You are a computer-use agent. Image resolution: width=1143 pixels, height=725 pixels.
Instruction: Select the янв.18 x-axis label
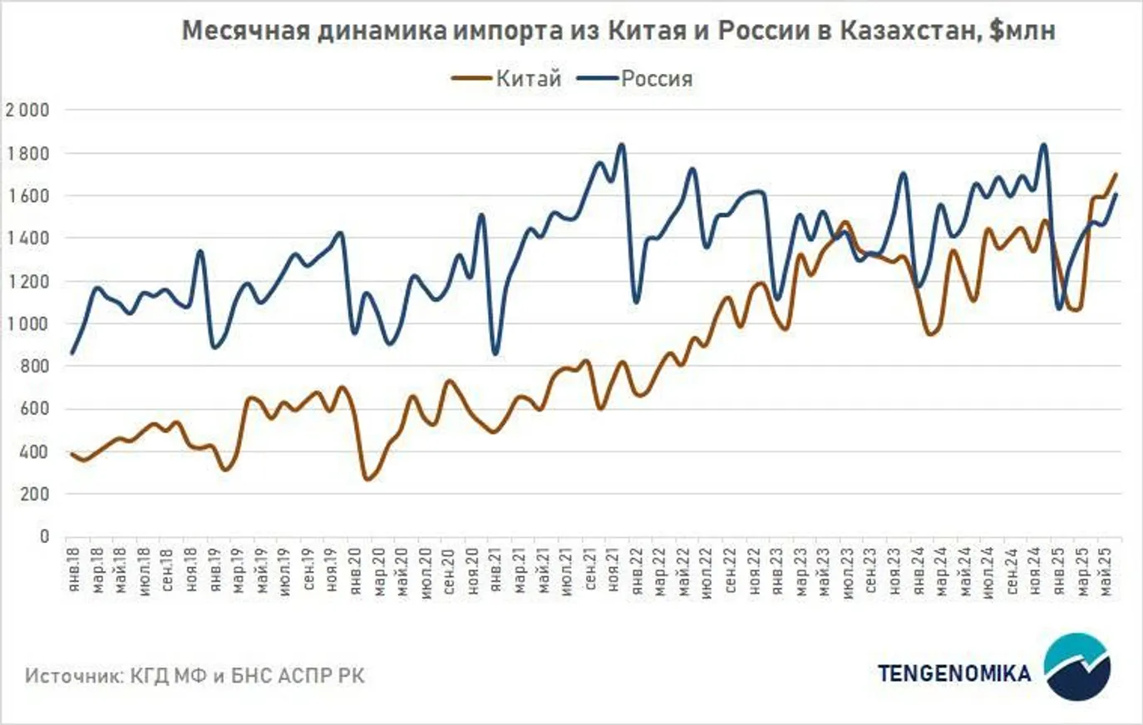tap(74, 569)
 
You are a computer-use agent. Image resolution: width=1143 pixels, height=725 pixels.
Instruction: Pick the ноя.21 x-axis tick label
tap(612, 569)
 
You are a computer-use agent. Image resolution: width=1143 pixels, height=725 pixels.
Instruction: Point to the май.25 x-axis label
tap(1105, 569)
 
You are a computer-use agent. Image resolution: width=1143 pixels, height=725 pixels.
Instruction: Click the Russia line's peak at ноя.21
tap(621, 145)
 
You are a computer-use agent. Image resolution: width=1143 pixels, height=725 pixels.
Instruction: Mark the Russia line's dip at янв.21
tap(495, 354)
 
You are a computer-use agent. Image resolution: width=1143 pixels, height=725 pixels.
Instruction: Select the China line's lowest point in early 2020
tap(367, 479)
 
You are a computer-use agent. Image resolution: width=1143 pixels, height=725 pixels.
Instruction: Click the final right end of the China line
tap(1116, 174)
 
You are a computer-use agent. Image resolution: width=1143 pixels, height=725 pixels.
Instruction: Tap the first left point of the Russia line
tap(71, 353)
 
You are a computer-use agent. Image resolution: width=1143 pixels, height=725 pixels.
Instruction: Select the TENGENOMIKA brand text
tap(953, 672)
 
